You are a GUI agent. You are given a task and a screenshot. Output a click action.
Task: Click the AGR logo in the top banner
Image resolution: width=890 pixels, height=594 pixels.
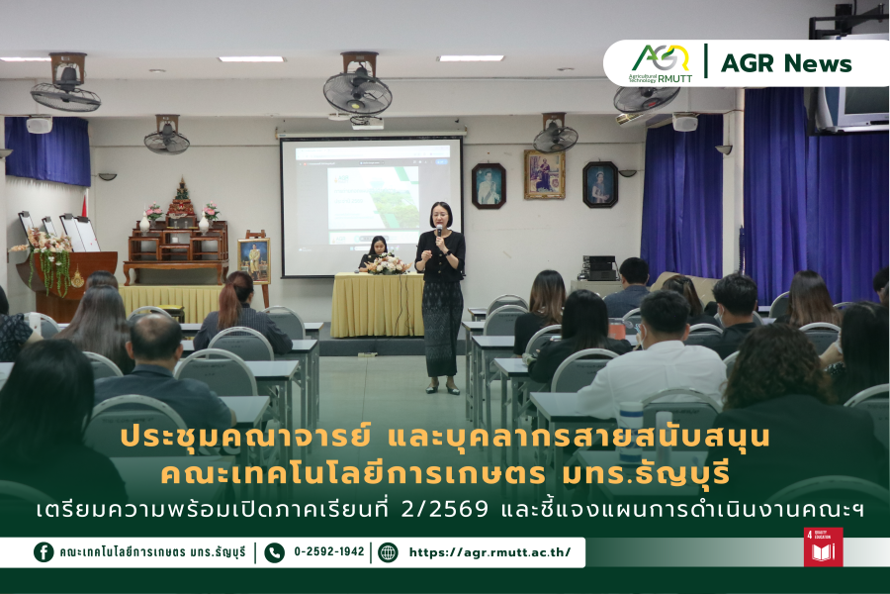tap(662, 63)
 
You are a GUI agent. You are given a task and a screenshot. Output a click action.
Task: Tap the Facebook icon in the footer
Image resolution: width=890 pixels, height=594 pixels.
tap(44, 552)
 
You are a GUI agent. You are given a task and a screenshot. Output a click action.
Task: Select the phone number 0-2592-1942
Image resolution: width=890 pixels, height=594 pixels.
tap(328, 551)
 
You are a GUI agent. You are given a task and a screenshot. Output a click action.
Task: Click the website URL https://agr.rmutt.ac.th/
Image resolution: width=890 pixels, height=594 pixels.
tap(489, 552)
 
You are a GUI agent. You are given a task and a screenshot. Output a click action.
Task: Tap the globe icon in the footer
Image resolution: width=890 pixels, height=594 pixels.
tap(388, 552)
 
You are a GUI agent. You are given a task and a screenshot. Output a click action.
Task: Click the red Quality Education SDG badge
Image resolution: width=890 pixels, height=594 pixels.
tap(823, 546)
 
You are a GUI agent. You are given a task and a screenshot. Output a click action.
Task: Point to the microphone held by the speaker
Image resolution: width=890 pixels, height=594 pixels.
tap(439, 232)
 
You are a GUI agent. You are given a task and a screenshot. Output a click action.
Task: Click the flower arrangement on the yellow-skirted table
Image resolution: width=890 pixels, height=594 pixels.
tap(388, 263)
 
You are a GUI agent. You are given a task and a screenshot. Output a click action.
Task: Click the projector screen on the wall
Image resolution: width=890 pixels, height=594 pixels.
tap(372, 206)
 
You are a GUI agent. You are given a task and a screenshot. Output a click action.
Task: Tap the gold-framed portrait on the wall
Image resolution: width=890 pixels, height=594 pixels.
tap(544, 174)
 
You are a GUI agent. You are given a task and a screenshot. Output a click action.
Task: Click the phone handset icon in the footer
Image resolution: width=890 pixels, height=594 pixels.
tap(274, 552)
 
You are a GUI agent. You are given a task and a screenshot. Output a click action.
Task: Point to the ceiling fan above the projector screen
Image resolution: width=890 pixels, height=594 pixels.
tap(358, 85)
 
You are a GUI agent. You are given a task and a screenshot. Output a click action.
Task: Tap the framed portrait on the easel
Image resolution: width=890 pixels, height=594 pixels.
tap(254, 259)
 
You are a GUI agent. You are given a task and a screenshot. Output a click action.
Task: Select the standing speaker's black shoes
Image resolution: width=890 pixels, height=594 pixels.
tap(442, 389)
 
